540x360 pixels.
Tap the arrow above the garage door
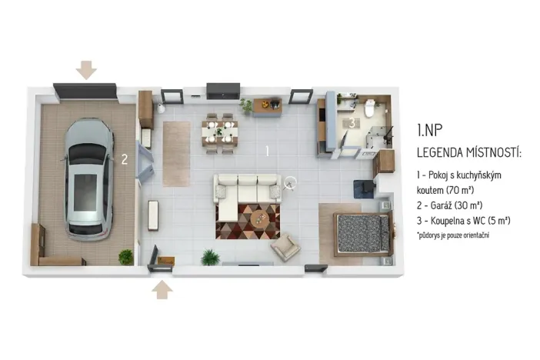click(x=86, y=69)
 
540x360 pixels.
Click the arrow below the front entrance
click(x=162, y=289)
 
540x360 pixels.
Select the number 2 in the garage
click(x=123, y=160)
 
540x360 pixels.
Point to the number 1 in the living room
click(x=267, y=151)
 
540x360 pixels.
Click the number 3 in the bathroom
click(x=351, y=122)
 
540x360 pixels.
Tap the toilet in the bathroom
click(x=368, y=110)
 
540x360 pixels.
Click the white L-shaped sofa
click(x=245, y=188)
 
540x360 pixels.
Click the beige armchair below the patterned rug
click(x=285, y=246)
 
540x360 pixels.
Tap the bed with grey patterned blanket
click(x=363, y=232)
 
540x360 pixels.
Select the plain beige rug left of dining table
click(x=176, y=153)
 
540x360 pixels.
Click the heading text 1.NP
click(x=429, y=130)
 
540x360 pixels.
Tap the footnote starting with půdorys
click(x=454, y=234)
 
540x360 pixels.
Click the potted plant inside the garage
click(x=125, y=256)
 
